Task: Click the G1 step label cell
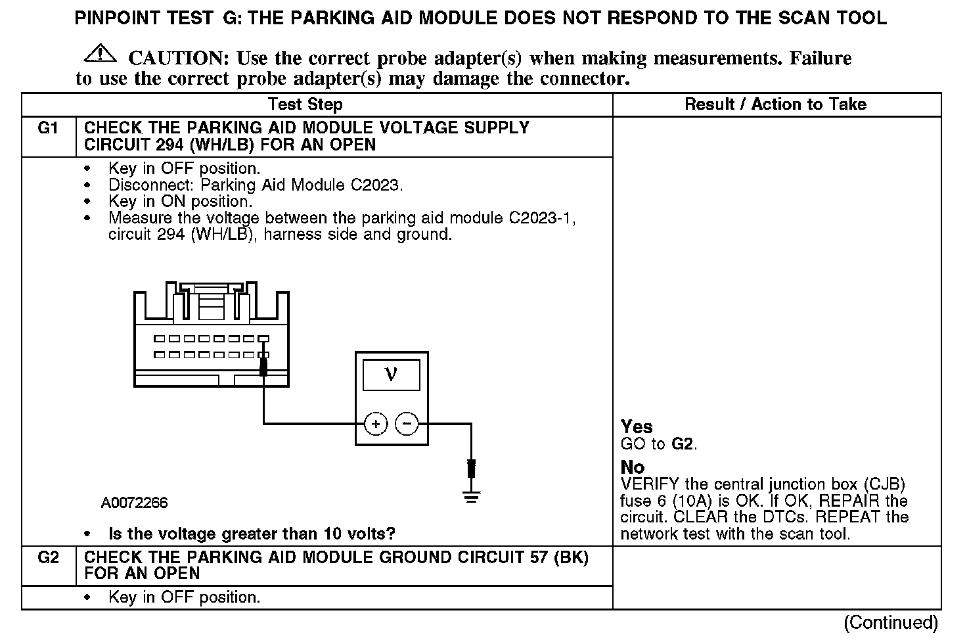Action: coord(49,128)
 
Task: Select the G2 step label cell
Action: coord(49,558)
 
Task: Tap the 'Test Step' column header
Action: coord(305,104)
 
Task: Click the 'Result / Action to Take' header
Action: coord(775,104)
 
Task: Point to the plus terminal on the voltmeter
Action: coord(376,424)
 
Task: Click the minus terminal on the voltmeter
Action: coord(407,424)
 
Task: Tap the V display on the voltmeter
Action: coord(391,375)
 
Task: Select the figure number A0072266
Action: coord(134,503)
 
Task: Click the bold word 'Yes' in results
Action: coord(637,427)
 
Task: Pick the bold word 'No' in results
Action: coord(633,467)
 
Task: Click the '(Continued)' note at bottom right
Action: coord(891,622)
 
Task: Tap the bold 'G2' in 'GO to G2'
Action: coord(683,444)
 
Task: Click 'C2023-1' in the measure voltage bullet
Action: coord(541,218)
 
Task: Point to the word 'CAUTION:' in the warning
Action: coord(178,58)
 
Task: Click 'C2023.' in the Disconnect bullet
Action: coord(376,185)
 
